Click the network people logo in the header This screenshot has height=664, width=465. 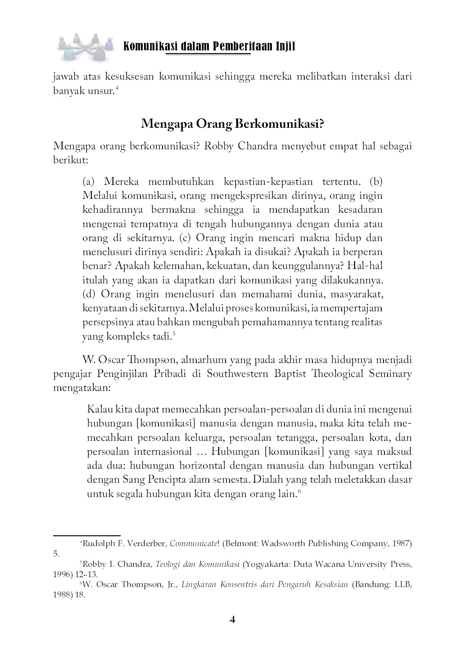coord(85,46)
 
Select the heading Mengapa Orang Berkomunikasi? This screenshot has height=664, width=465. coord(232,124)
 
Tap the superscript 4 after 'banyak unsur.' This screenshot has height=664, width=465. coord(117,89)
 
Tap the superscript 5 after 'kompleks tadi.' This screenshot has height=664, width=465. coord(174,333)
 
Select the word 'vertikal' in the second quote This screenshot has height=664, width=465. coord(396,466)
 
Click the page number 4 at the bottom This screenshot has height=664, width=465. coord(232,620)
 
